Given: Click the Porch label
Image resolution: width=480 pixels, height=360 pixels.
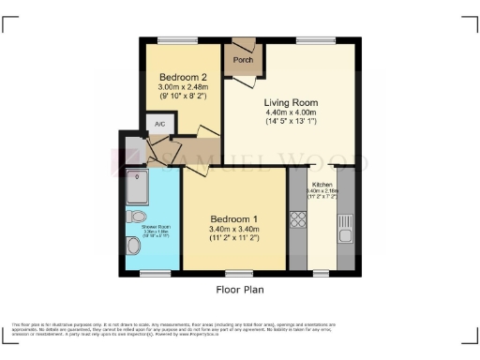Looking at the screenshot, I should click(x=243, y=60).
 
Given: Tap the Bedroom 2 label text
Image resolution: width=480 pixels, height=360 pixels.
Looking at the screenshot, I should click(x=178, y=77).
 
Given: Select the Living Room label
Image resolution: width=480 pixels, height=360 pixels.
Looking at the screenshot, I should click(x=292, y=102).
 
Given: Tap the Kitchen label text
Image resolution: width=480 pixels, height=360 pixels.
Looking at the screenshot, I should click(x=322, y=185).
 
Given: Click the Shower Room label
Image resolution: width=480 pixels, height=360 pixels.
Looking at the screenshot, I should click(x=142, y=226).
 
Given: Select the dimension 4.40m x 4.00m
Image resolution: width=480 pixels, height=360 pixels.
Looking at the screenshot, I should click(x=292, y=113).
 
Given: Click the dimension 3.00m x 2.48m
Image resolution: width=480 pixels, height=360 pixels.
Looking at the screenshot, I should click(x=178, y=86).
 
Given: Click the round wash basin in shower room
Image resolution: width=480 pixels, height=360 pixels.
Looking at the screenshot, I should click(x=135, y=216).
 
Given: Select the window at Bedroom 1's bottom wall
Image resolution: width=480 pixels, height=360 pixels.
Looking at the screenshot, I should click(x=239, y=274).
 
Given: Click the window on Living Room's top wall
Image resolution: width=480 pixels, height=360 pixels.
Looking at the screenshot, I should click(x=309, y=38).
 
